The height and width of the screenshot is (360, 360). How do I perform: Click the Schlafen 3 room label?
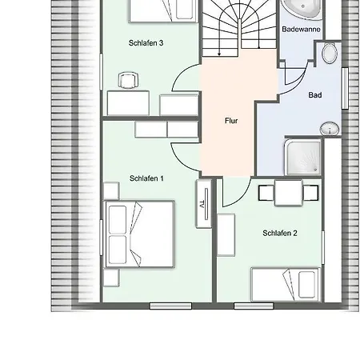146,42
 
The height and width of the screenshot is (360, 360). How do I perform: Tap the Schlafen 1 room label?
146,178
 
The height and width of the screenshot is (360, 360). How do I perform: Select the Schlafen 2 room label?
280,233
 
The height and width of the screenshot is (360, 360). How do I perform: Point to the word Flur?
231,121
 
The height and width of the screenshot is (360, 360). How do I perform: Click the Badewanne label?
301,29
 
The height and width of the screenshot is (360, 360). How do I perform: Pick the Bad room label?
315,95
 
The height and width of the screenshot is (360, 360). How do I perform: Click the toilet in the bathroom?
330,53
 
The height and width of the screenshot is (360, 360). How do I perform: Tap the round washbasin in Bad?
330,129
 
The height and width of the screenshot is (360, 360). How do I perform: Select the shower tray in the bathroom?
303,158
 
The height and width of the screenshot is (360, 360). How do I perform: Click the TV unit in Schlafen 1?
204,204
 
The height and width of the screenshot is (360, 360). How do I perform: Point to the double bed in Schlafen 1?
140,234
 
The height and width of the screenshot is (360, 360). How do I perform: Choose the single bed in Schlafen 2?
286,285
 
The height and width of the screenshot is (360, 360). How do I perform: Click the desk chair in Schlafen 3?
129,80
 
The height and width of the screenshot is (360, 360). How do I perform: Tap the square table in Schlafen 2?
288,193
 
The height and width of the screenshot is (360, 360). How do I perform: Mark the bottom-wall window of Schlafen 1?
170,306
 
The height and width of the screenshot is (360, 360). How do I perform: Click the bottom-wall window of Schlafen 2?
254,306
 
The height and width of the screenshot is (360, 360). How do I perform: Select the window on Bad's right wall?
345,88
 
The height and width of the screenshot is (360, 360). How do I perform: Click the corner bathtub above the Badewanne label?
302,10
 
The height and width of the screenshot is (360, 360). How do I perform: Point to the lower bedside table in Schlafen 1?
111,278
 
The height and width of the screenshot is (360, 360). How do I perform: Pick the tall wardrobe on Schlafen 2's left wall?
226,235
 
